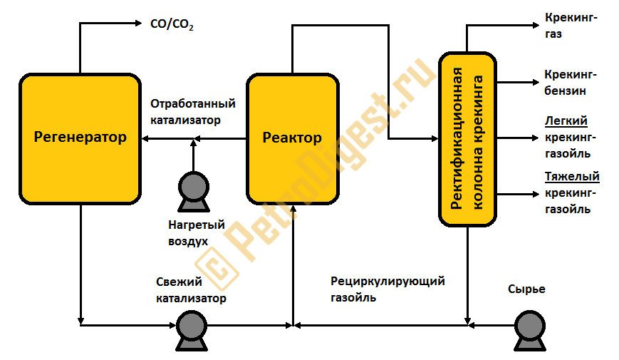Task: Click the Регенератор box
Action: [x=80, y=138]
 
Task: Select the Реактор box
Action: [x=292, y=138]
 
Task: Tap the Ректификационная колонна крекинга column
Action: [x=467, y=139]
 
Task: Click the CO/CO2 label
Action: [x=172, y=25]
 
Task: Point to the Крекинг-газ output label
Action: [x=571, y=26]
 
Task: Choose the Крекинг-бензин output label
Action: [x=570, y=82]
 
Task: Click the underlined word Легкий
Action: [x=566, y=120]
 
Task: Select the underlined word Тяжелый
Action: [x=571, y=177]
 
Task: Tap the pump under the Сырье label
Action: [x=528, y=330]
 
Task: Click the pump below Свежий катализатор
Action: [x=190, y=330]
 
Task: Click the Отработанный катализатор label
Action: [x=192, y=112]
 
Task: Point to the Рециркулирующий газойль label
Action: [x=387, y=289]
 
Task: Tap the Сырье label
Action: [x=526, y=289]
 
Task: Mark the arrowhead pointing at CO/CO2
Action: [x=139, y=24]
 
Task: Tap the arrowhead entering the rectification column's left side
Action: [x=434, y=139]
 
